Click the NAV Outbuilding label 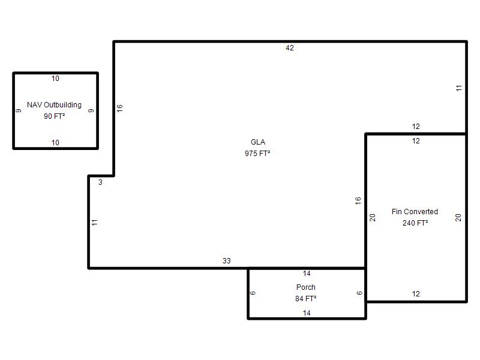coord(54,105)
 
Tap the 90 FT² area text coord(54,116)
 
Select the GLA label coord(258,142)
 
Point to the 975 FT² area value coord(257,154)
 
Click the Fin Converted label coord(415,212)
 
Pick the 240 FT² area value coord(415,223)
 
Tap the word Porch coord(306,287)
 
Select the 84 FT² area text coord(306,298)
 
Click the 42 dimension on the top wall coord(290,48)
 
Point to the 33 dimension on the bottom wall coord(227,261)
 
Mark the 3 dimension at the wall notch coord(100,182)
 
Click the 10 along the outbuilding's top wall coord(55,79)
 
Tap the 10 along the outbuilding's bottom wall coord(55,143)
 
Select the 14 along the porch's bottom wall coord(307,313)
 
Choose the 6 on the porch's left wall coord(253,293)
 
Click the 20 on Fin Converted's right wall coord(458,218)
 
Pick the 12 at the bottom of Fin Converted coord(416,294)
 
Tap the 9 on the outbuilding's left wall coord(19,110)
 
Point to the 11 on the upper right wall coord(458,88)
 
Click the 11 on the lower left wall coord(95,222)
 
